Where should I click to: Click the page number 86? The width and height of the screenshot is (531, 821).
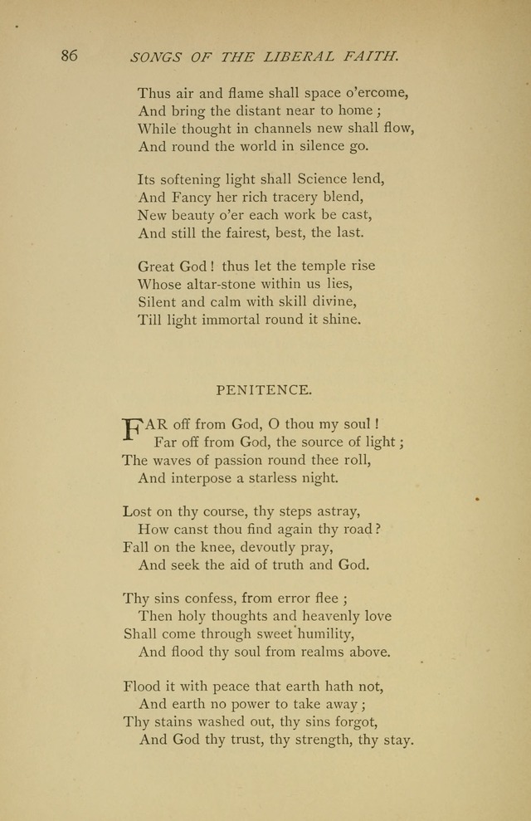point(69,56)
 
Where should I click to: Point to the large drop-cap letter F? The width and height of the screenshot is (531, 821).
point(133,429)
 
